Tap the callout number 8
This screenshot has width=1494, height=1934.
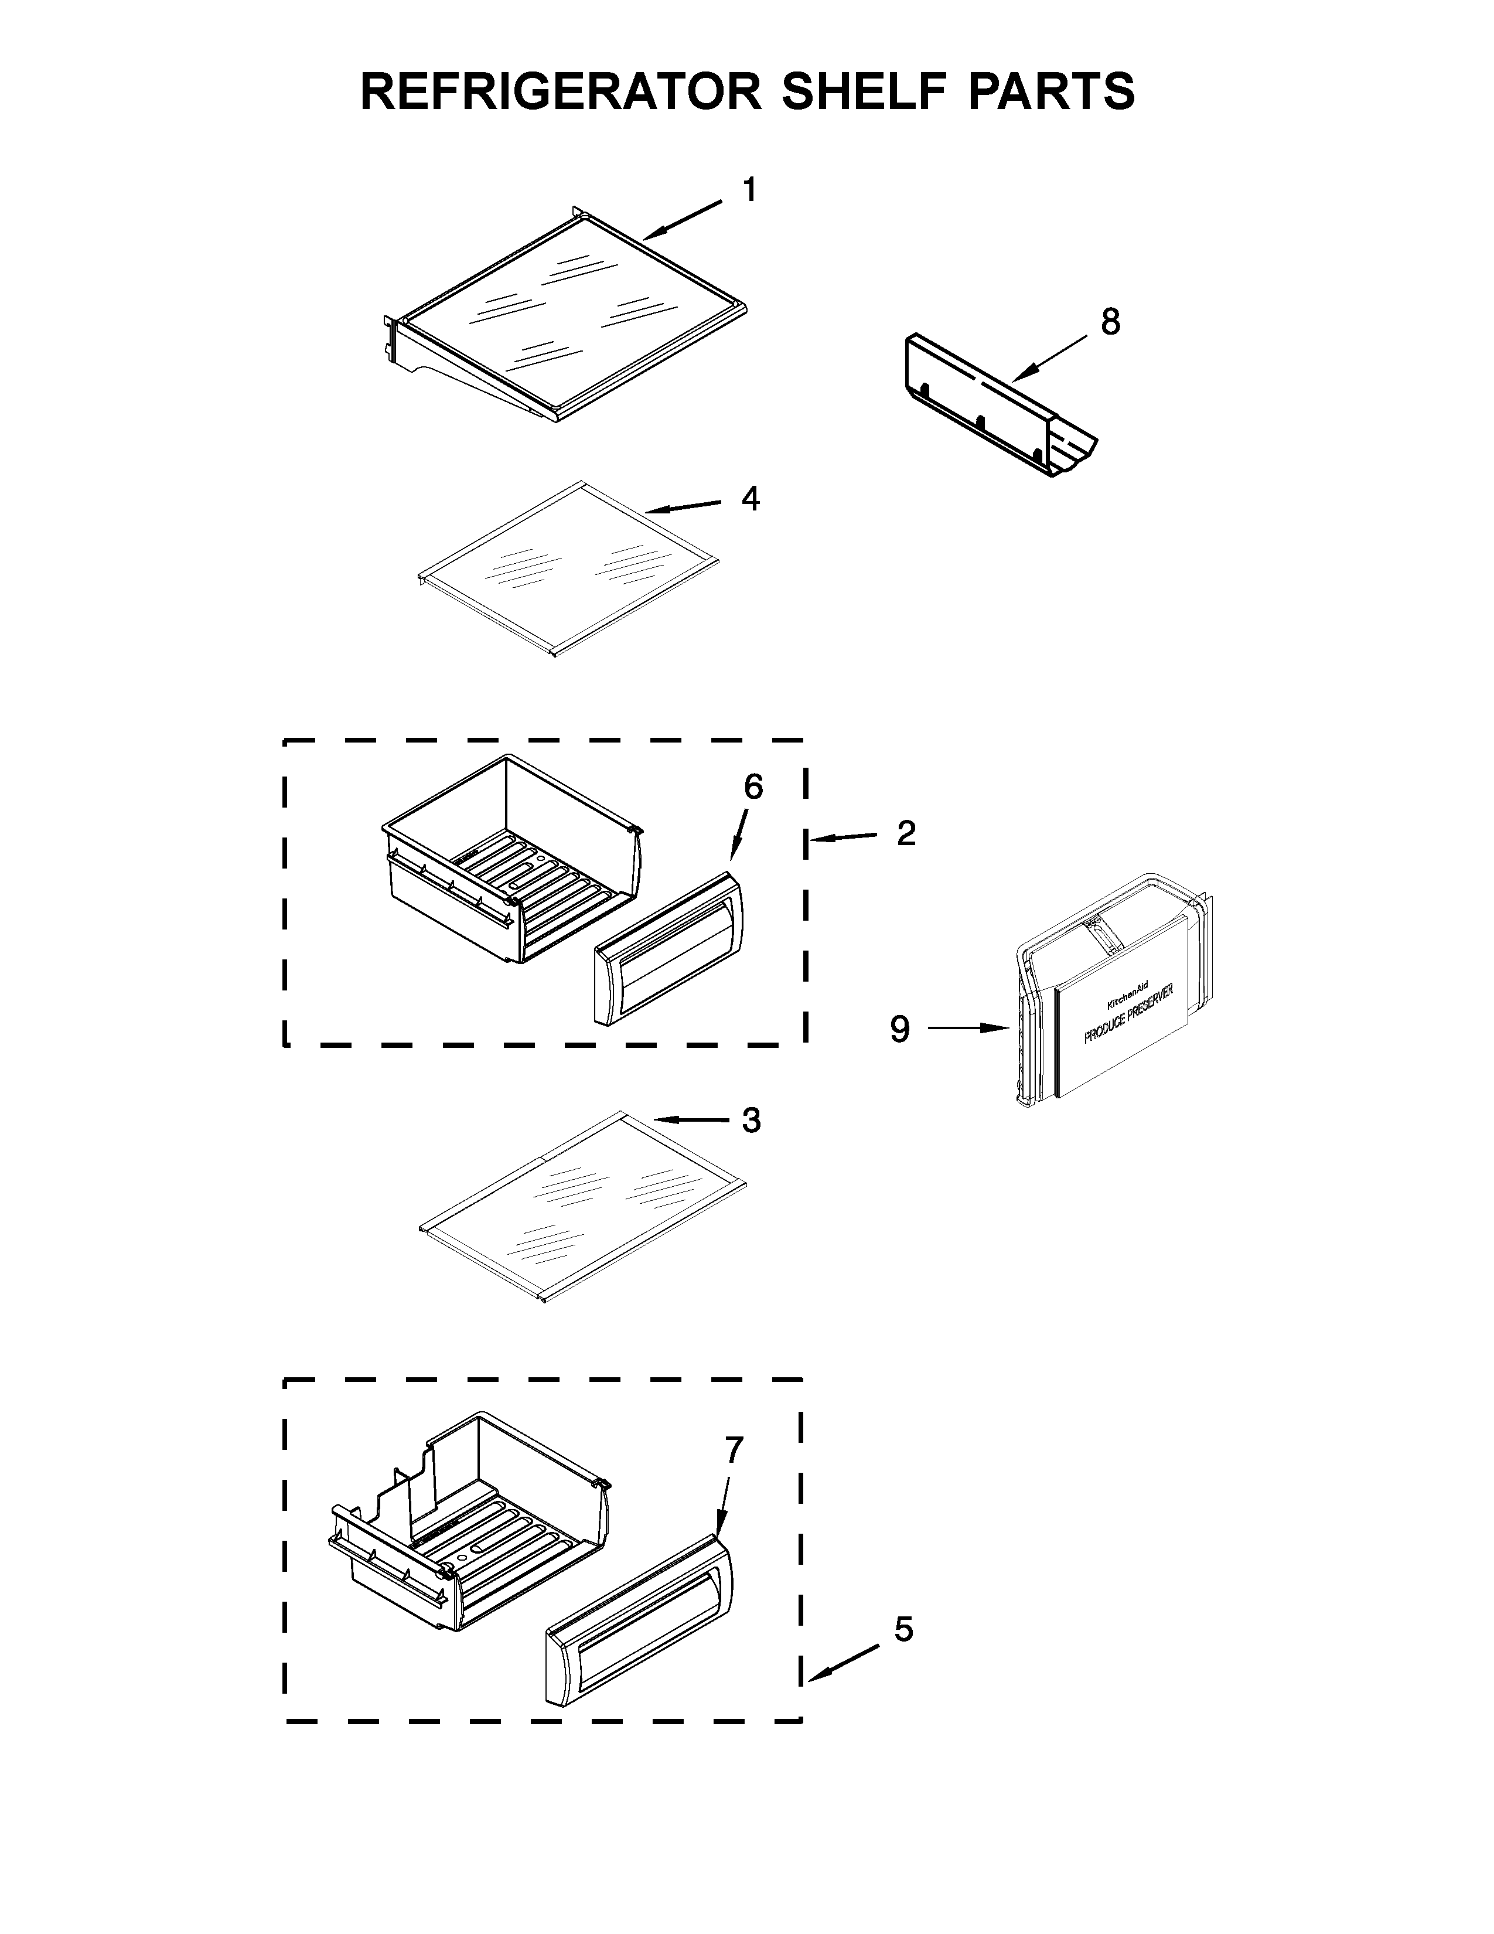point(1110,322)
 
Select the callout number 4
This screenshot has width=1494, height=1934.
point(750,499)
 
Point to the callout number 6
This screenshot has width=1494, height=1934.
point(752,786)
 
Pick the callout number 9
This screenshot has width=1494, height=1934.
point(899,1029)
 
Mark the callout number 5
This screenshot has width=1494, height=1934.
point(903,1629)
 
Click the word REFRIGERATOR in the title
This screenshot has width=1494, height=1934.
point(560,91)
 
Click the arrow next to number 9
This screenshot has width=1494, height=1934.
point(968,1028)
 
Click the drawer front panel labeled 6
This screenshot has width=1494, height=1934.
point(669,948)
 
